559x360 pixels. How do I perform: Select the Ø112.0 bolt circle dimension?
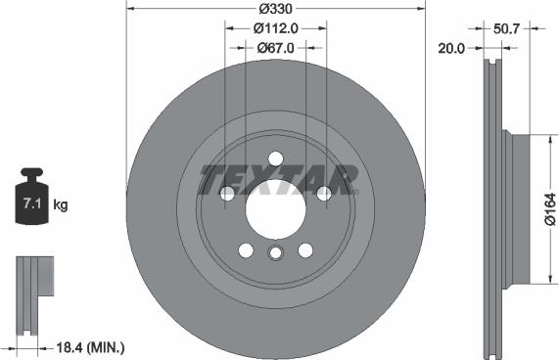pyautogui.click(x=276, y=28)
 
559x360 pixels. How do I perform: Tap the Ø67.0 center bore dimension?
pyautogui.click(x=276, y=47)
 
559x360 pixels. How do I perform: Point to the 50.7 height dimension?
pyautogui.click(x=507, y=28)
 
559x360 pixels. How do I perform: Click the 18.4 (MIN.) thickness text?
pyautogui.click(x=84, y=347)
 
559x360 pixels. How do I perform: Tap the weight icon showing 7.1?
pyautogui.click(x=31, y=203)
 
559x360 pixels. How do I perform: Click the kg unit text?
pyautogui.click(x=60, y=205)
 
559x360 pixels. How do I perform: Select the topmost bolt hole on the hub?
pyautogui.click(x=275, y=157)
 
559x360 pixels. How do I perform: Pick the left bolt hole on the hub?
pyautogui.click(x=227, y=194)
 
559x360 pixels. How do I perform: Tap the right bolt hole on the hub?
pyautogui.click(x=323, y=194)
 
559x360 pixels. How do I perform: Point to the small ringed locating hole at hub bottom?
pyautogui.click(x=275, y=254)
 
